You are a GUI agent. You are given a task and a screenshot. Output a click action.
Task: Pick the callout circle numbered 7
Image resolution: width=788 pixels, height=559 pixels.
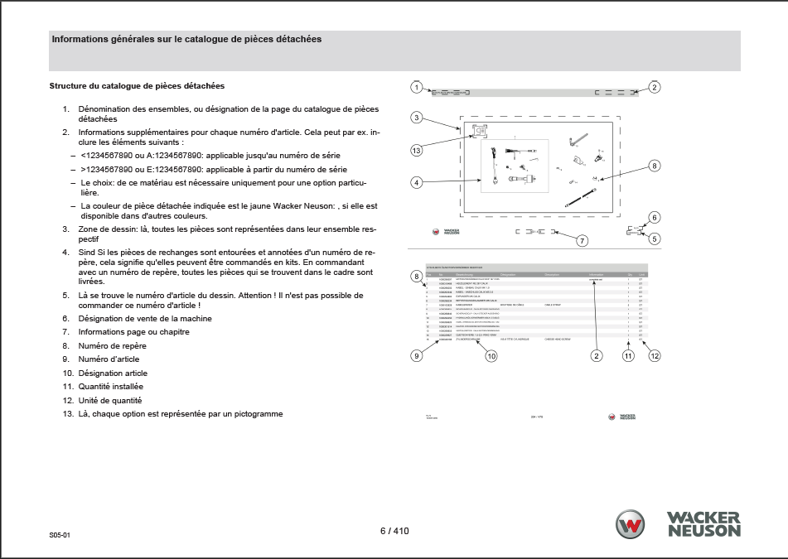pos(583,240)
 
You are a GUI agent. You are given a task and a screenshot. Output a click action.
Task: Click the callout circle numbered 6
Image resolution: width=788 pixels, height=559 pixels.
pos(655,218)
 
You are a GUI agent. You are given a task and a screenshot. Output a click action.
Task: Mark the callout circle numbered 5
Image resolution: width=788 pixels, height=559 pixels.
pos(655,239)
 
